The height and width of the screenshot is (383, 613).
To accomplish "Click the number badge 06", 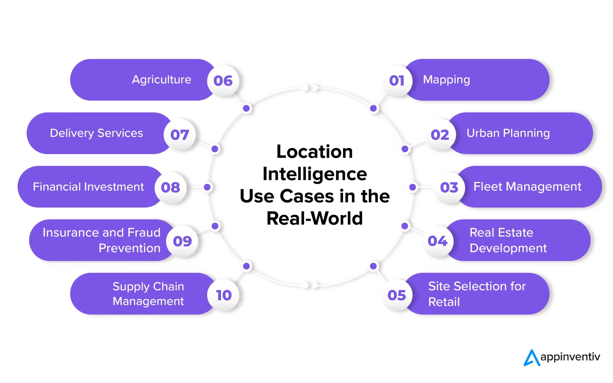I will (223, 81).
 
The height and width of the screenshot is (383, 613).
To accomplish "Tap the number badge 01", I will (397, 81).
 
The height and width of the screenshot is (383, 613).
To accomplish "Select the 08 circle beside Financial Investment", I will (170, 188).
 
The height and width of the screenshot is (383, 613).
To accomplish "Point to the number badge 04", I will (437, 241).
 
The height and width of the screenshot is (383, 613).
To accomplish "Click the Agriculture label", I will (162, 80).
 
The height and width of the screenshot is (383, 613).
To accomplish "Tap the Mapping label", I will (446, 80).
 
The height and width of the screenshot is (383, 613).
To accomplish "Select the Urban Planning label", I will (508, 133).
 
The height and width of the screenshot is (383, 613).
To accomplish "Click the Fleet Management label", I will (527, 187).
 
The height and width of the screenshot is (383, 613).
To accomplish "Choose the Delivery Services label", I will (96, 133).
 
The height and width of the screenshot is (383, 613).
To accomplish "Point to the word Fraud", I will (144, 233).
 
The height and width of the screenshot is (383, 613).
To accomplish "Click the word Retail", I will (444, 302).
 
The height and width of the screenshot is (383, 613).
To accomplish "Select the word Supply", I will (131, 287).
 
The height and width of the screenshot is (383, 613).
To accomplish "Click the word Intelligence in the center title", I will (315, 174).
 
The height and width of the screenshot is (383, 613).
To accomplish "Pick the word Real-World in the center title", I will (315, 218).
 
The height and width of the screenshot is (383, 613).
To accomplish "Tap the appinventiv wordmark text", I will (570, 357).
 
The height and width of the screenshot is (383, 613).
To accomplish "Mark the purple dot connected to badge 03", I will (413, 187).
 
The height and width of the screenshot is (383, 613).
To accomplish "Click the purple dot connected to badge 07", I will (215, 149).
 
